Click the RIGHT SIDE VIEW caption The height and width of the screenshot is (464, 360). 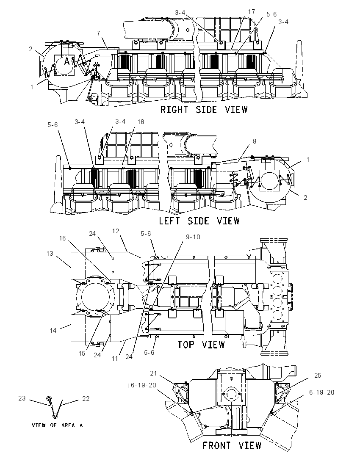pos(204,110)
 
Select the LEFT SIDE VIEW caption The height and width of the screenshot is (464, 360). pos(199,221)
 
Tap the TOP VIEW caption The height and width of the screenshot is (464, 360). pos(201,345)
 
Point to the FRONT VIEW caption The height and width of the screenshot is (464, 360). pos(232,445)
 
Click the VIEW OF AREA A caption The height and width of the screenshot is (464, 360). pos(57,425)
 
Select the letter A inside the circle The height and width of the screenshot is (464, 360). pos(67,61)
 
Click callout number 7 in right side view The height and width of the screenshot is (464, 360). pos(99,33)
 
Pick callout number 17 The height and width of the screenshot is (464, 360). pos(251,12)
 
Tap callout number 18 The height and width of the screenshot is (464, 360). pos(141,122)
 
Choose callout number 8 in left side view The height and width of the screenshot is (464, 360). pos(254,141)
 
